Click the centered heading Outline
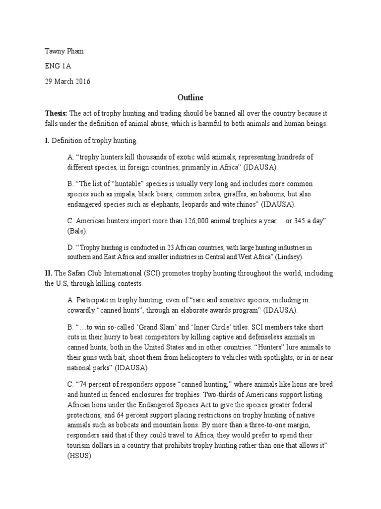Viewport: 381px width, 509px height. (190, 97)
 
